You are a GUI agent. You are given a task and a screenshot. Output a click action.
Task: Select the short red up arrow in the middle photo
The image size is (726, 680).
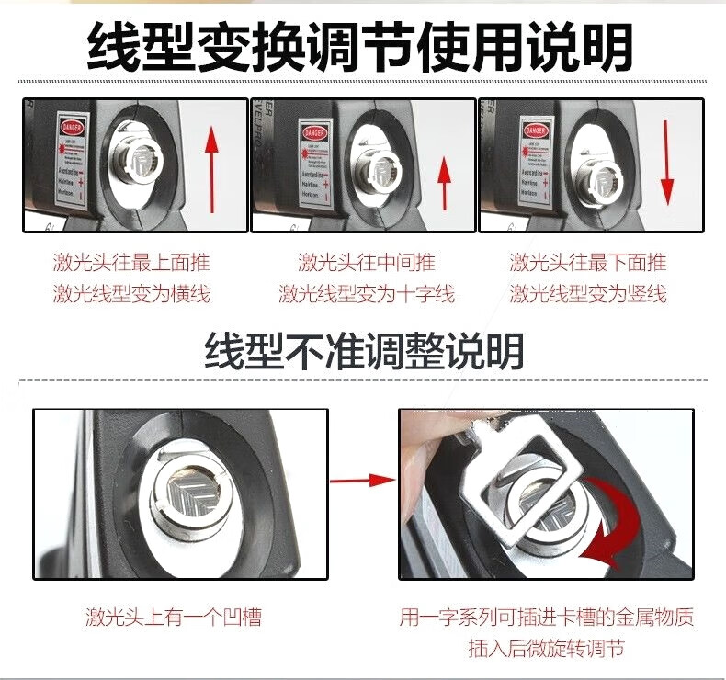[x=444, y=182]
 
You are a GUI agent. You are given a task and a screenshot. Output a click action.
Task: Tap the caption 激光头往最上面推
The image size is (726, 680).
[x=131, y=263]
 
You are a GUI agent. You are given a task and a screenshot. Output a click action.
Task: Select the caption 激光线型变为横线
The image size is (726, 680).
[x=131, y=294]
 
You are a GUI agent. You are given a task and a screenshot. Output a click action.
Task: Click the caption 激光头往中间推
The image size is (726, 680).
[x=366, y=263]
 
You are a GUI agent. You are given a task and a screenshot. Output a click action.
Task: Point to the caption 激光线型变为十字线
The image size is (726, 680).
[x=366, y=294]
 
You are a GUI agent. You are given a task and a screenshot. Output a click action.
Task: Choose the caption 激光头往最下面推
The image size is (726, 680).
[x=588, y=263]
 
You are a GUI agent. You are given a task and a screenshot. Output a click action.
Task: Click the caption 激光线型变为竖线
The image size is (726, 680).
[x=588, y=294]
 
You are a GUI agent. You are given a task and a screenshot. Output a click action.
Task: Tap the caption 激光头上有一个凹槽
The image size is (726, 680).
[x=174, y=617]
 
